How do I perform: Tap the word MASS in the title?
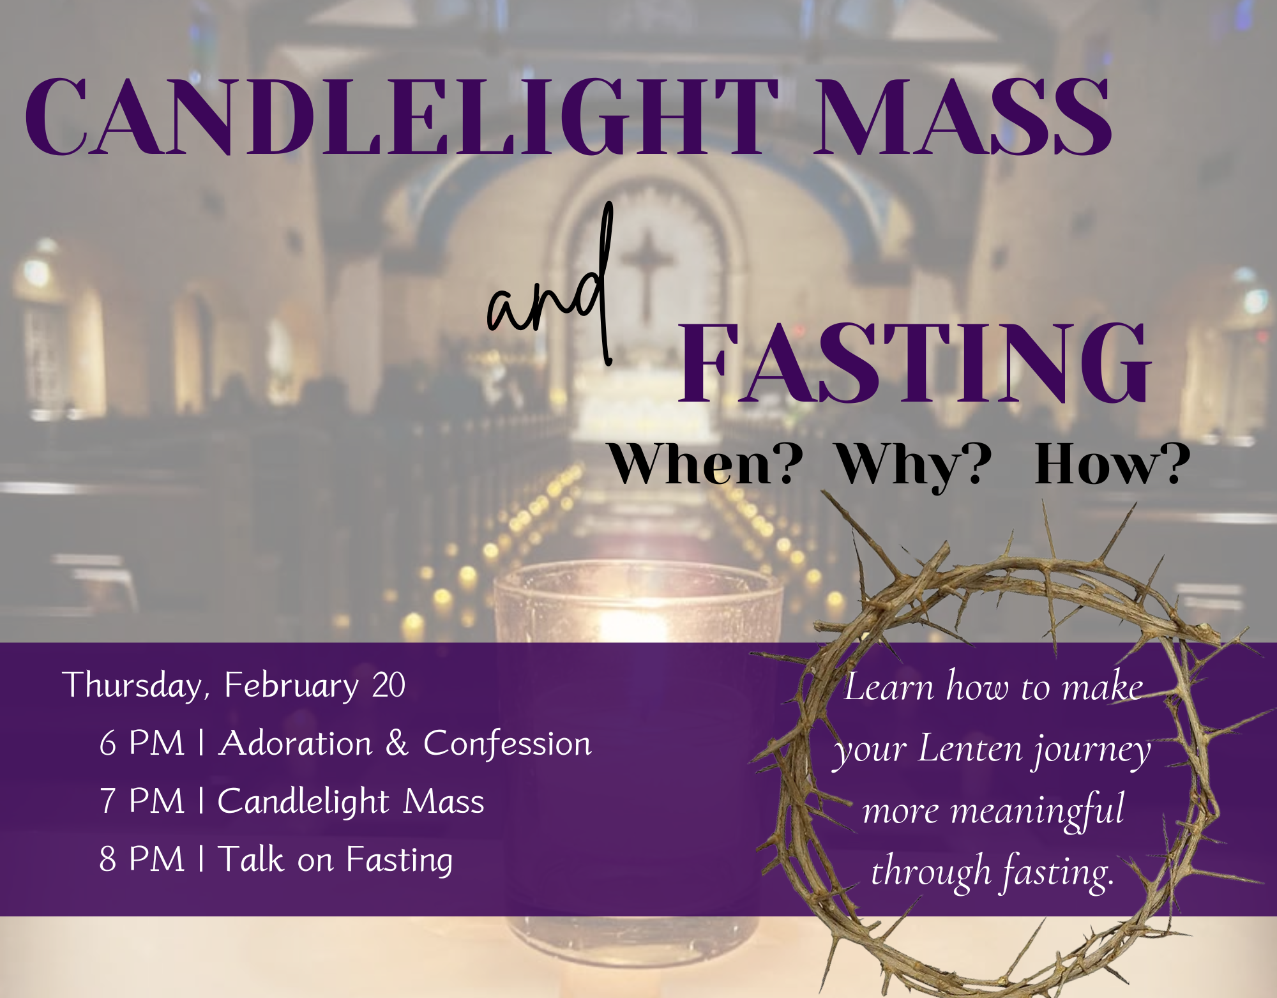963,117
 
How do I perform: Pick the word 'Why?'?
915,466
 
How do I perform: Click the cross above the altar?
647,275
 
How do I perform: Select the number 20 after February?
389,685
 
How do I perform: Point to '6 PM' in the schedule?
142,743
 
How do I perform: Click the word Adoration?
295,743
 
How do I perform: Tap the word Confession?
508,743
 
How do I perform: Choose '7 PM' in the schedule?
142,801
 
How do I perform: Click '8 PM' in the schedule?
142,859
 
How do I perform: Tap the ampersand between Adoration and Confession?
397,743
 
